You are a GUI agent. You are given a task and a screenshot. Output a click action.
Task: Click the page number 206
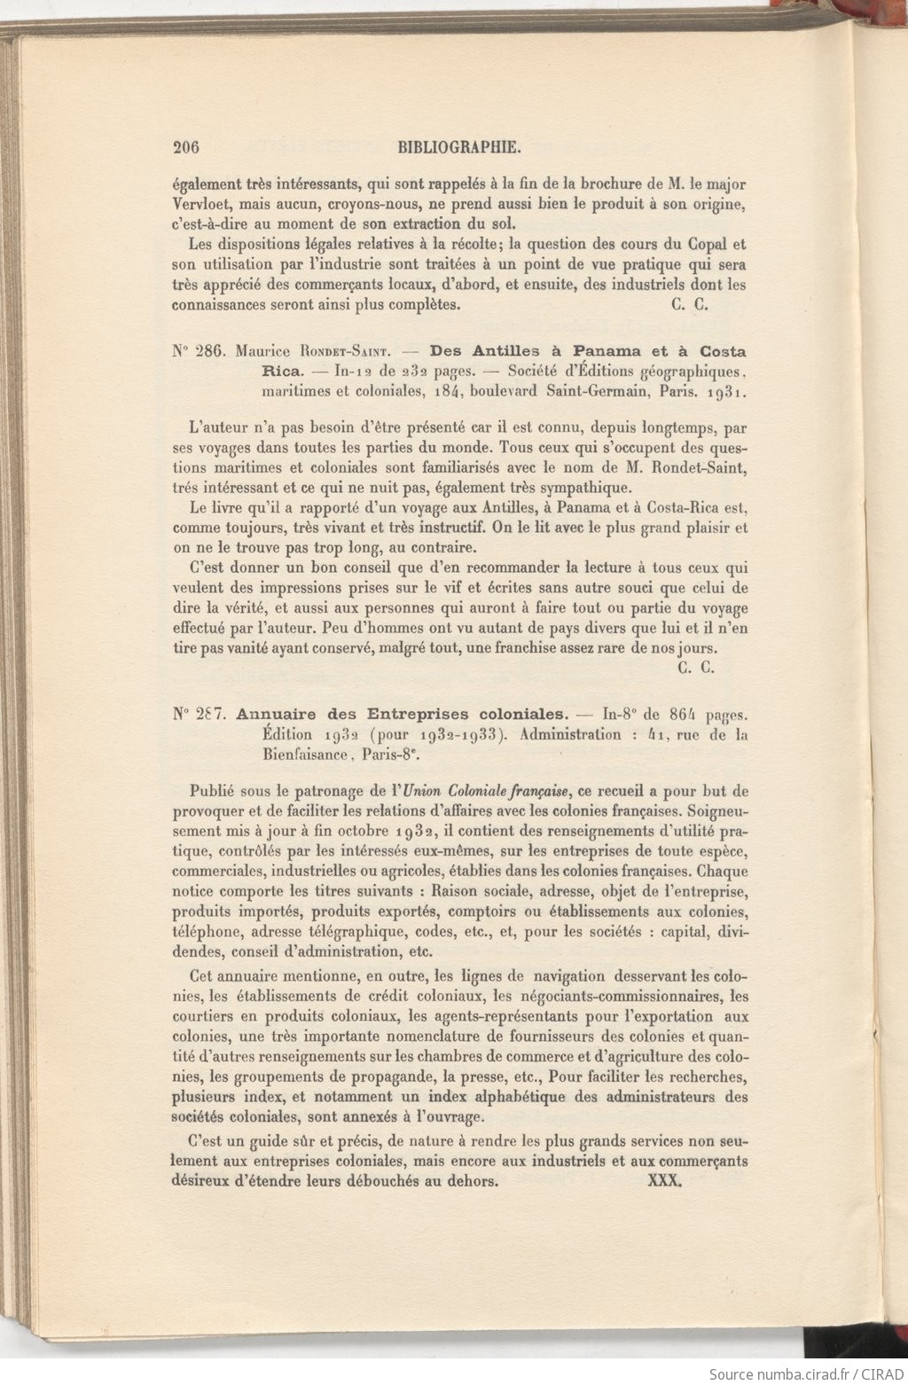pyautogui.click(x=189, y=147)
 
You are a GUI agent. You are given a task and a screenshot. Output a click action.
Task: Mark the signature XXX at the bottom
pyautogui.click(x=664, y=1181)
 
